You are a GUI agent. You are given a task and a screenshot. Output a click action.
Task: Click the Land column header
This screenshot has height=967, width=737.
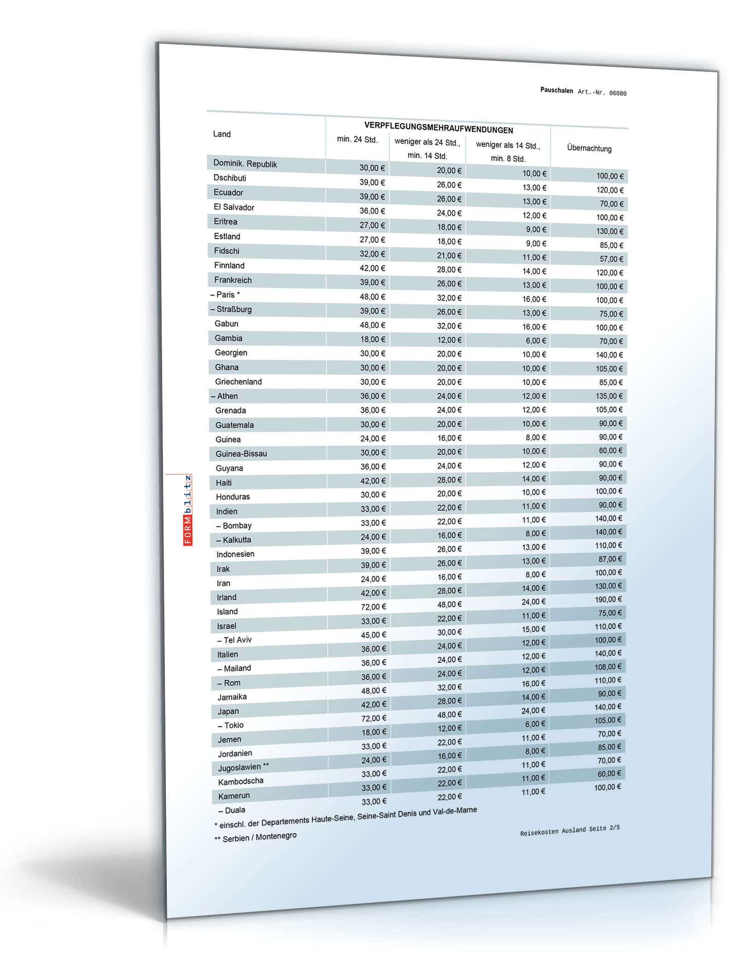[x=222, y=134]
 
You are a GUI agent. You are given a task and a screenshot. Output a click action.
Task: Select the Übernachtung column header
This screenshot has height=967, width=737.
[x=589, y=148]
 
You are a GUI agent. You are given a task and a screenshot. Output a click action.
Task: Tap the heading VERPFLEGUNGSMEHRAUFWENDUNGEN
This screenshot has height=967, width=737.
[x=438, y=128]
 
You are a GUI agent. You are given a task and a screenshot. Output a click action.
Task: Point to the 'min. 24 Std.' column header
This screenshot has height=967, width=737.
[x=357, y=139]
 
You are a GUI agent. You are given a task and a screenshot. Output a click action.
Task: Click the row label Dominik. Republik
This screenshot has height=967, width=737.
[x=245, y=164]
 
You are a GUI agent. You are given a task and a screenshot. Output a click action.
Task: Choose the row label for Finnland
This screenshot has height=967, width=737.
[x=229, y=265]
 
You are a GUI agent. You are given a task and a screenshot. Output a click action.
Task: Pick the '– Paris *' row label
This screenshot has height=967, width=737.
[x=225, y=295]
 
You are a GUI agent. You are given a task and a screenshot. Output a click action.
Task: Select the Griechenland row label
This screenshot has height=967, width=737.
[x=238, y=382]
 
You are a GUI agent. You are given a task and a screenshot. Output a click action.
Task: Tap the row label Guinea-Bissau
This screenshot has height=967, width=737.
[x=241, y=454]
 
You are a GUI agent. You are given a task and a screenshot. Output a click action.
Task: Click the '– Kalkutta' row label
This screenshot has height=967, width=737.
[x=234, y=540]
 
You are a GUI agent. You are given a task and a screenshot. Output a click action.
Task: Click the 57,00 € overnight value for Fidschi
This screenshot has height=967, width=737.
[x=611, y=259]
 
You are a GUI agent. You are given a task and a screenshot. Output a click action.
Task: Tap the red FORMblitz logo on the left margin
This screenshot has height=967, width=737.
[x=188, y=510]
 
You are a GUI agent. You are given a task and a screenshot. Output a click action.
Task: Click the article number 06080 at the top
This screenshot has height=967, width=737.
[x=617, y=93]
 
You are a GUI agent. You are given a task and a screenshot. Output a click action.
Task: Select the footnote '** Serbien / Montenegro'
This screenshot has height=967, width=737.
[x=256, y=838]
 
